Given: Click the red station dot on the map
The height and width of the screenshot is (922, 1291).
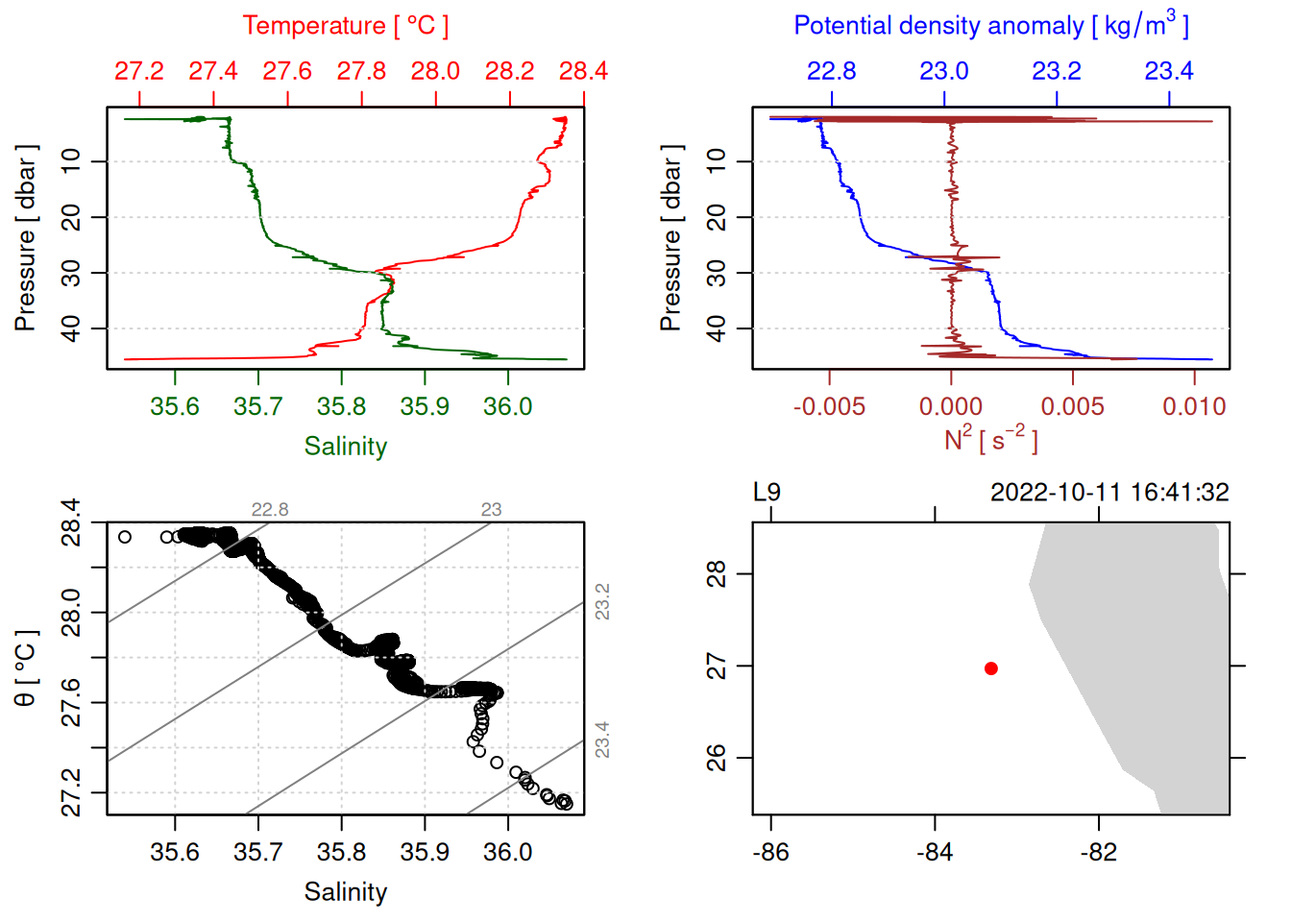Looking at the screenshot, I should tap(990, 668).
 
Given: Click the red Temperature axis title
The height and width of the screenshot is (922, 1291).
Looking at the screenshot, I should tap(345, 26).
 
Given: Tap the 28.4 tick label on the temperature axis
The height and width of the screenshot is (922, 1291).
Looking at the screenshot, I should tap(583, 71).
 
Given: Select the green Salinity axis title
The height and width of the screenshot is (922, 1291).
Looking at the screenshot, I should tap(345, 447).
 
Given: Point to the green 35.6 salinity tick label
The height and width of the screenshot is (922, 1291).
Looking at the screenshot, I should tap(175, 406).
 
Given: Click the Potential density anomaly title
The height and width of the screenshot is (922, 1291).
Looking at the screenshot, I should tap(990, 26).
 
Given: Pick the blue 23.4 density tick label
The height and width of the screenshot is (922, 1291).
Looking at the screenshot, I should tap(1168, 71).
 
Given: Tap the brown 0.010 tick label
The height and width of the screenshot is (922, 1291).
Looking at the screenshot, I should tap(1194, 406).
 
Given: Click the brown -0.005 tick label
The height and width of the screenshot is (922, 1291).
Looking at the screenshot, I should tap(829, 406).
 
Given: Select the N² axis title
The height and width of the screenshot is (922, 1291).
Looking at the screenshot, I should tap(990, 439).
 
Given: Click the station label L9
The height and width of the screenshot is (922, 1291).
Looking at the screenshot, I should tap(767, 493).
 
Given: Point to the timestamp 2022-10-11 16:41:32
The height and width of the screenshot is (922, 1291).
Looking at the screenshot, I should tap(1109, 493).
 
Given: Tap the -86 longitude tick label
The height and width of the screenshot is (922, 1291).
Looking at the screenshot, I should tap(770, 852).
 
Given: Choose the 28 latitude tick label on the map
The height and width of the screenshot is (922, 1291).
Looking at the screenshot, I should tap(717, 574).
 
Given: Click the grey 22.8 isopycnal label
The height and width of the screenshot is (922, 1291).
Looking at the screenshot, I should tap(270, 510).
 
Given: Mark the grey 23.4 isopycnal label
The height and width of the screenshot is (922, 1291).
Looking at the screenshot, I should tap(602, 740).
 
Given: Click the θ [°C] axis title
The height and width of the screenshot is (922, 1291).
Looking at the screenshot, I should tap(25, 667).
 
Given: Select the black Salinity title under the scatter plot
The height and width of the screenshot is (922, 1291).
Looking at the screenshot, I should tap(345, 892).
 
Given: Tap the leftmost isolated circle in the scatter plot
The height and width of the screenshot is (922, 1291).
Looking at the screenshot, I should tap(125, 537).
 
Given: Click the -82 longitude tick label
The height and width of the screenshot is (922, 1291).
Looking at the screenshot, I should tap(1098, 852).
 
